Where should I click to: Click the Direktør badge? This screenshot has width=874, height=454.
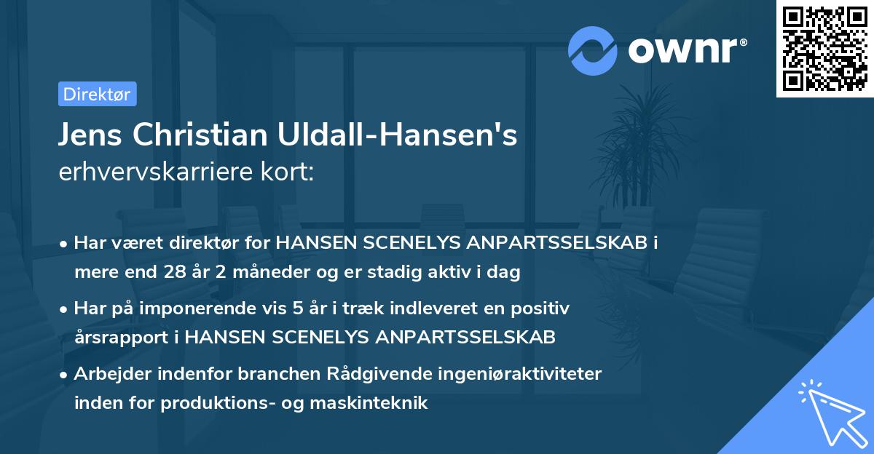coord(97,94)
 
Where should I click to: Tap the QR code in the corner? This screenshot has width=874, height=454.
coord(824,49)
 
